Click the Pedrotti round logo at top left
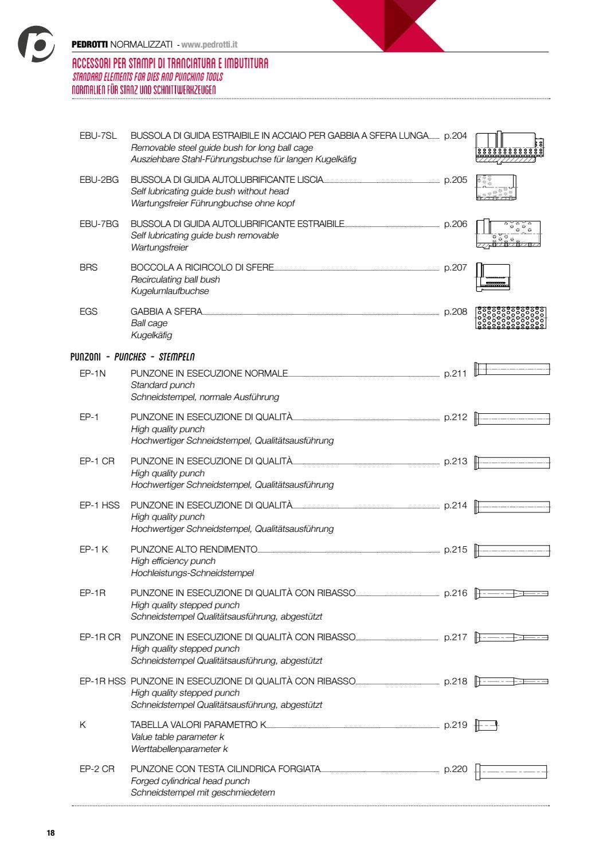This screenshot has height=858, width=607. pyautogui.click(x=36, y=44)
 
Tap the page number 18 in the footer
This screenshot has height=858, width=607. pyautogui.click(x=50, y=833)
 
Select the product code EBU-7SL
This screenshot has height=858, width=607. pyautogui.click(x=98, y=136)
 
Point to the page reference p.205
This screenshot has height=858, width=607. pyautogui.click(x=456, y=180)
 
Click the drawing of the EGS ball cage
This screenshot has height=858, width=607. pyautogui.click(x=511, y=318)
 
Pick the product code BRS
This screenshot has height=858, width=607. pyautogui.click(x=89, y=268)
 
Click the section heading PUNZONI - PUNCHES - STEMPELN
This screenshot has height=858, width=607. pyautogui.click(x=133, y=357)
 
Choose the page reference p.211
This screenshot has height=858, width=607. pyautogui.click(x=456, y=374)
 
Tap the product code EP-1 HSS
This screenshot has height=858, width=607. pyautogui.click(x=100, y=506)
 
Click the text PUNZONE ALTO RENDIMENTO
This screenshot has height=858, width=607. pyautogui.click(x=194, y=550)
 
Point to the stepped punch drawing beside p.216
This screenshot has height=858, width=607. pyautogui.click(x=511, y=594)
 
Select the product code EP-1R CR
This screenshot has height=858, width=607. pyautogui.click(x=100, y=637)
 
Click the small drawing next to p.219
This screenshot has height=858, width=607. pyautogui.click(x=487, y=725)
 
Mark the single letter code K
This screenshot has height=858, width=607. pyautogui.click(x=83, y=725)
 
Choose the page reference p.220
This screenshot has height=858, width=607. pyautogui.click(x=456, y=769)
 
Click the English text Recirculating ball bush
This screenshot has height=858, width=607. pyautogui.click(x=175, y=280)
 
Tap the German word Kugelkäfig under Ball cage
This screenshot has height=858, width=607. pyautogui.click(x=151, y=335)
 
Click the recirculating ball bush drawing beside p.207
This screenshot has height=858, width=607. pyautogui.click(x=493, y=277)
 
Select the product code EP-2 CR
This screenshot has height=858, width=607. pyautogui.click(x=97, y=769)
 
